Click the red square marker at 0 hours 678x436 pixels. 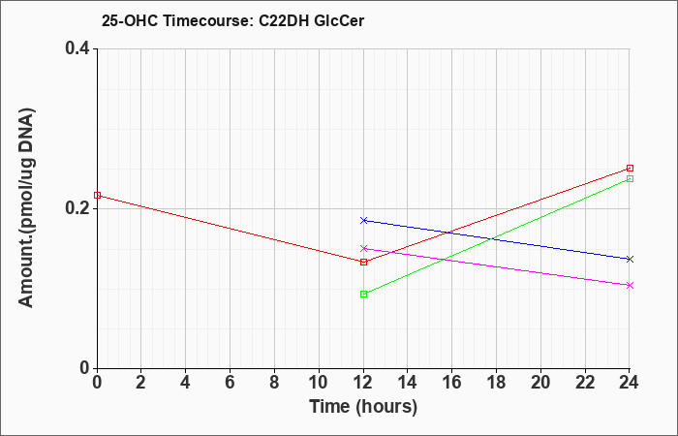[97, 195]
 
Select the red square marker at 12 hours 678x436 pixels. [363, 262]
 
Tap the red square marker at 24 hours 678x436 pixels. [630, 168]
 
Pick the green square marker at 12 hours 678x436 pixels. [363, 294]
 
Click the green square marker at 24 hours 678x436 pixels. [630, 178]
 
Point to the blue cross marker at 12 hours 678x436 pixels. [363, 220]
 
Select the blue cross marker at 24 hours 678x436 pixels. [630, 259]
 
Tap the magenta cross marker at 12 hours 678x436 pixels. [363, 248]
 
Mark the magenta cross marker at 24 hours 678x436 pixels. [630, 285]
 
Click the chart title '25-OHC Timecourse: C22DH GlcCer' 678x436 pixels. [232, 20]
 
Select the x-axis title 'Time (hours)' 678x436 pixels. [363, 407]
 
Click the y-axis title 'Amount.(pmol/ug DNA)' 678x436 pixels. [26, 208]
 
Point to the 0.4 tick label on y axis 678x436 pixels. [77, 48]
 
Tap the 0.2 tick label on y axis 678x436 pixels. [77, 208]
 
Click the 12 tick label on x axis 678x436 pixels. [363, 383]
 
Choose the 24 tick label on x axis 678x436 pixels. [630, 383]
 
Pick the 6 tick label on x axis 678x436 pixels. [231, 383]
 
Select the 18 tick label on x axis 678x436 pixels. [496, 383]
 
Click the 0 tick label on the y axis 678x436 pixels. [85, 368]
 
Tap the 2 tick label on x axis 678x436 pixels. [141, 383]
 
